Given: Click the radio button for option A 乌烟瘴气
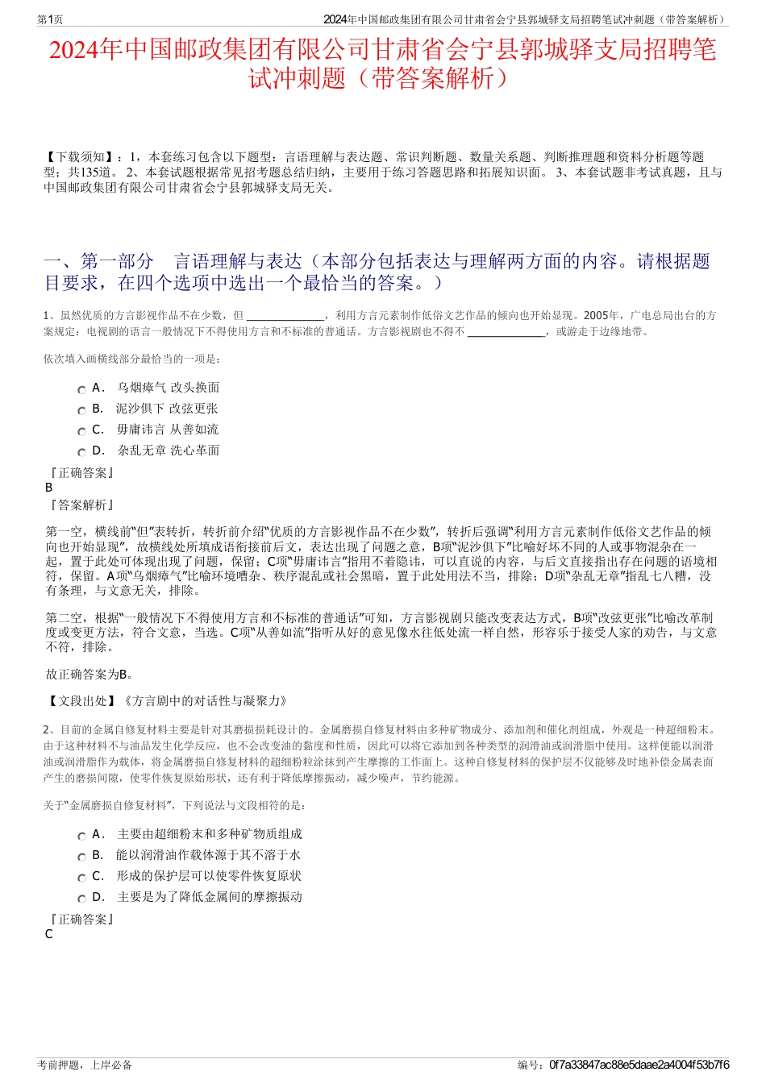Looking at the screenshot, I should (x=81, y=389).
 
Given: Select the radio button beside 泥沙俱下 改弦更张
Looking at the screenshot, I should (x=81, y=410).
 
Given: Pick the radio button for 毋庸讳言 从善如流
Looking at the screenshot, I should (x=81, y=431).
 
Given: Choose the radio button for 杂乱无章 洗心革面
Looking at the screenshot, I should (x=81, y=452).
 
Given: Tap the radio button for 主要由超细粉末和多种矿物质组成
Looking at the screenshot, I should (x=81, y=836).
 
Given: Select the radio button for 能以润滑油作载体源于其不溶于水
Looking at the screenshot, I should (x=81, y=857).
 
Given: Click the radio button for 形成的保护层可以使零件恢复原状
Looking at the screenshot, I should (x=81, y=878).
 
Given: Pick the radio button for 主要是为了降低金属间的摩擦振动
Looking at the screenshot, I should (x=81, y=899).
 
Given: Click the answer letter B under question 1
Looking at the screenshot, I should (x=49, y=488).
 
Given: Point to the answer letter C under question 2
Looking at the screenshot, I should (x=49, y=934).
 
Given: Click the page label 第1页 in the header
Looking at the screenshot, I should (x=50, y=19).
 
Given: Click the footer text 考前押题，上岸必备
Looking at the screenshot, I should (x=85, y=1065).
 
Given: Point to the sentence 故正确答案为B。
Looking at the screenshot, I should (x=90, y=675).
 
